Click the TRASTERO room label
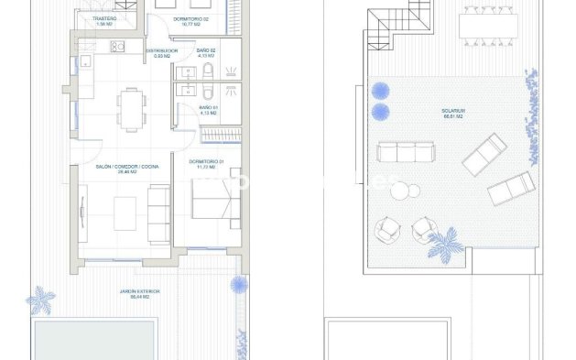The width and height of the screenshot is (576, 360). [x=103, y=18]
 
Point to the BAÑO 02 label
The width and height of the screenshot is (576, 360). [x=207, y=50]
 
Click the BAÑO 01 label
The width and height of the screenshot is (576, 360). [x=209, y=108]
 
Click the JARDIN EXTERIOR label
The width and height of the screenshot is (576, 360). [x=139, y=292]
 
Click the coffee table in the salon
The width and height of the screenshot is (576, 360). [x=121, y=213]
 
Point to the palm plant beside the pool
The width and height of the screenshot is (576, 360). [x=40, y=299]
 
